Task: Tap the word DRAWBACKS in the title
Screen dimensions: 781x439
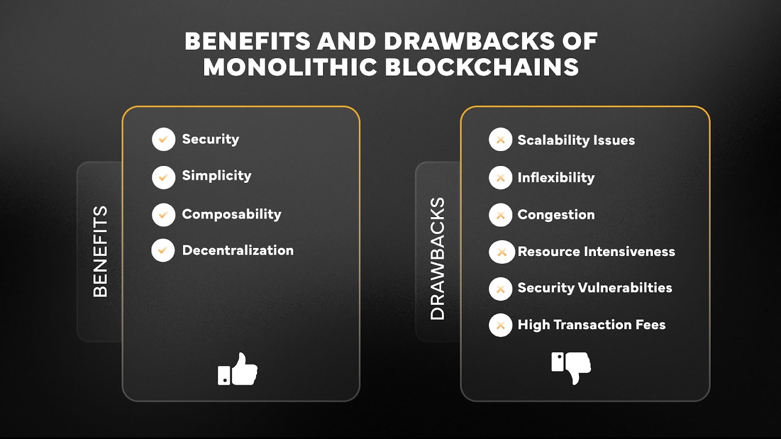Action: [469, 41]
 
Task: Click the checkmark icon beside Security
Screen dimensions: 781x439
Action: [164, 140]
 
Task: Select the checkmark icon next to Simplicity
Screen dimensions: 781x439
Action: [164, 177]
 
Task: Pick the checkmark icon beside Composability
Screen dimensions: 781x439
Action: [164, 215]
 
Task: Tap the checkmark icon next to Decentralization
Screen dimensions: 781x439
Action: [163, 251]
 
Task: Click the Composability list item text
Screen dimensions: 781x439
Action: [231, 215]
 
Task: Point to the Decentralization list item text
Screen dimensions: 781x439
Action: [238, 251]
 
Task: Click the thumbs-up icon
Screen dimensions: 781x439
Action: [238, 370]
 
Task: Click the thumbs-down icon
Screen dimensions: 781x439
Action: [571, 367]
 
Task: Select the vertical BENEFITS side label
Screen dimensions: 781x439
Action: [100, 251]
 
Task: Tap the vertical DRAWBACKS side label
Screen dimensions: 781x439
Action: [437, 259]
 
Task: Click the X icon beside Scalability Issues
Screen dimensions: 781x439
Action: [500, 140]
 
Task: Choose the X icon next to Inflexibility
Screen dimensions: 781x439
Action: [500, 178]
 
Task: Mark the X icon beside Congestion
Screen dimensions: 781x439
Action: [500, 215]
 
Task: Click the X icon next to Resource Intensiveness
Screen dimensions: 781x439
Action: [501, 252]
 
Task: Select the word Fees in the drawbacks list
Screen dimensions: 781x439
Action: [650, 325]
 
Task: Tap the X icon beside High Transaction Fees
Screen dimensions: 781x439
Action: [500, 325]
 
